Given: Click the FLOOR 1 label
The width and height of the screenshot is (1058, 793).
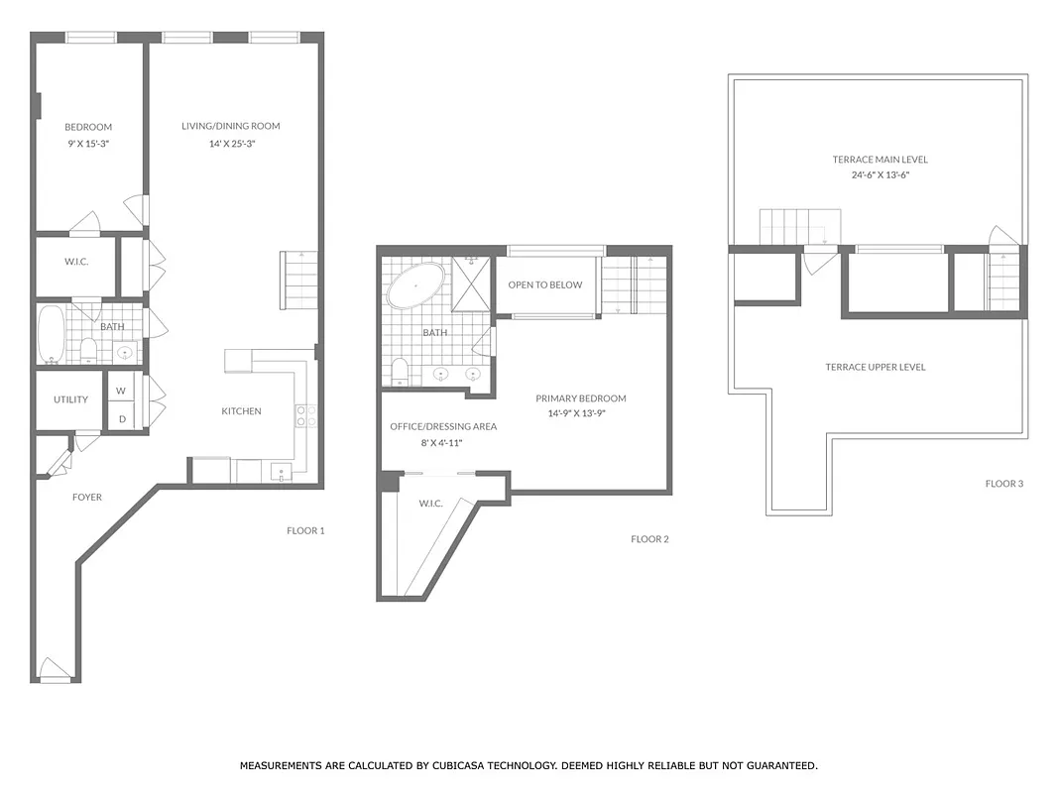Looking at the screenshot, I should pos(305,530).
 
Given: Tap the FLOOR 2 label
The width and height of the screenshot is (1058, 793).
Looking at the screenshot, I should pos(649,539).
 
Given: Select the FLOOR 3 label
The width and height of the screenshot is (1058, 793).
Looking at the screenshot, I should pos(1003,484).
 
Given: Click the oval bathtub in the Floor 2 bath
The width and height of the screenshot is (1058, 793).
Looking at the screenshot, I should pos(415,284).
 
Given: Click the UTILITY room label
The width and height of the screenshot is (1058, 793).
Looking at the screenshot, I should pos(70,399).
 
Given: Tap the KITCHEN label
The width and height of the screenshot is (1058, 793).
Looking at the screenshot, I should pos(241,410).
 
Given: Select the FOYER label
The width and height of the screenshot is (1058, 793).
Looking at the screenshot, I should pos(86,497).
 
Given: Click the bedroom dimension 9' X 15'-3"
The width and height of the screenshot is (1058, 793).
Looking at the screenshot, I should pos(88,144).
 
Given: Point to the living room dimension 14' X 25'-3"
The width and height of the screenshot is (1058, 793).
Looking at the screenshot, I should pos(230,144).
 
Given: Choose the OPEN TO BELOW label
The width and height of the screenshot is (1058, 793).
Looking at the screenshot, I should pos(545,284).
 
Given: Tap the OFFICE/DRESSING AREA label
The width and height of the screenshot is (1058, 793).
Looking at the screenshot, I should pos(443,426).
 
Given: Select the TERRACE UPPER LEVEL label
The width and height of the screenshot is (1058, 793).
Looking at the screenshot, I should pos(876,367).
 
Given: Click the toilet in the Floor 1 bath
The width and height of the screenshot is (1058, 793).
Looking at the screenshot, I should pos(87,350).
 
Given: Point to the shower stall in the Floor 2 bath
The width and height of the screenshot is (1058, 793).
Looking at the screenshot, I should pos(471,283).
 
